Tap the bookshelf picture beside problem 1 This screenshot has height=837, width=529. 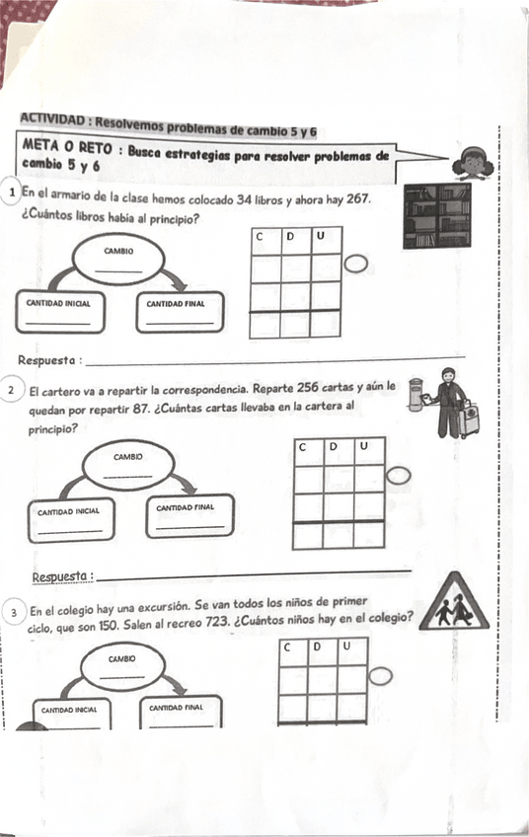(437, 215)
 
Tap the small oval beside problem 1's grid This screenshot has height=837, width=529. (356, 265)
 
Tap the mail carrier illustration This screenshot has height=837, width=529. (444, 402)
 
